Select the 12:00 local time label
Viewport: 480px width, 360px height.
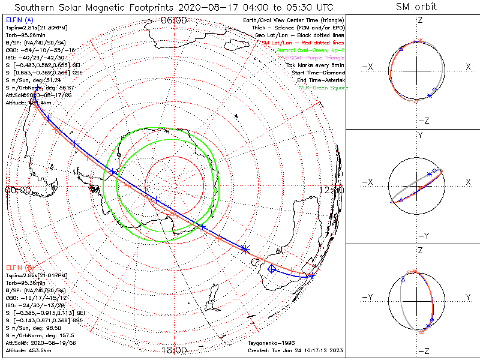pos(332,190)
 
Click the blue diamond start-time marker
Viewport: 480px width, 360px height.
pos(272,269)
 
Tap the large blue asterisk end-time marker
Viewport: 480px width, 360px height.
pos(245,248)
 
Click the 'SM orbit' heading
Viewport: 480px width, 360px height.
pos(416,7)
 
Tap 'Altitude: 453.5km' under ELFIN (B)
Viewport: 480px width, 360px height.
pos(28,351)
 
